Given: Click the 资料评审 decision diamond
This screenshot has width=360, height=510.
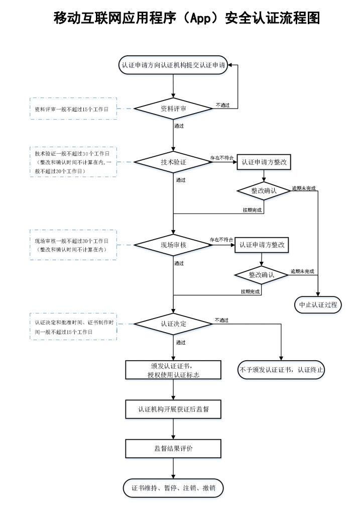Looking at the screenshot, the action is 173,109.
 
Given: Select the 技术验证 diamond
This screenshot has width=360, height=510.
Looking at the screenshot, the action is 173,162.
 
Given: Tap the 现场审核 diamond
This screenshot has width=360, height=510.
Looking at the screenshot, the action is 173,245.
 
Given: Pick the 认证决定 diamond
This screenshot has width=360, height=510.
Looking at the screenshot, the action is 173,324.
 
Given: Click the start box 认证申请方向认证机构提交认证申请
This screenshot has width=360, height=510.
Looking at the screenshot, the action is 173,65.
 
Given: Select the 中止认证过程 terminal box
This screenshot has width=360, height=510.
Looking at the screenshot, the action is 318,305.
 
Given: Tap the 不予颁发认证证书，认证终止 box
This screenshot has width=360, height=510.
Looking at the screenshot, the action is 281,370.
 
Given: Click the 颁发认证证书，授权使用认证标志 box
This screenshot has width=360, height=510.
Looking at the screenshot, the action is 173,370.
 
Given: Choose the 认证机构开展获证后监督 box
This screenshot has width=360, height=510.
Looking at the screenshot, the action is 173,409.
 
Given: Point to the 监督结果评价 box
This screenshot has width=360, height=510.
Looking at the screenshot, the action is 173,449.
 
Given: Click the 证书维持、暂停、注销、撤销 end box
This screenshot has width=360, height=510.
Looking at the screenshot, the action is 173,488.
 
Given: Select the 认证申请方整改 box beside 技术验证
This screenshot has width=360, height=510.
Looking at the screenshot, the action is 264,162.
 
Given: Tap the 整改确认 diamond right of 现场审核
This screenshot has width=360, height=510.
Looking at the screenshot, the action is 262,275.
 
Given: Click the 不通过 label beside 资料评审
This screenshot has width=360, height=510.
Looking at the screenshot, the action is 222,105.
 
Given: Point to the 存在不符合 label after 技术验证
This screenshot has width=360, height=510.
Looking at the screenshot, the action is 221,158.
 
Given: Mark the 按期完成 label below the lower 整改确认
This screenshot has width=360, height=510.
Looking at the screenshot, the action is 250,292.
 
